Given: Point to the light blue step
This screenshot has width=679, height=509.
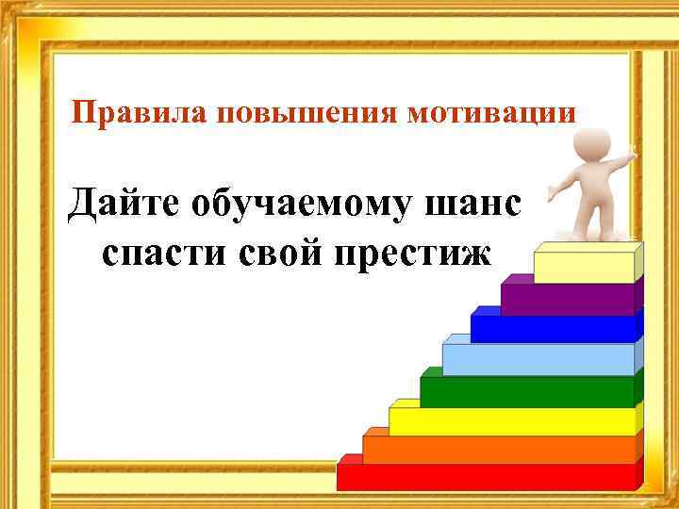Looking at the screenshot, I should coord(538,359).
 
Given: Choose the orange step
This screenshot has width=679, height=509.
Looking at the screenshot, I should coord(499,450).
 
